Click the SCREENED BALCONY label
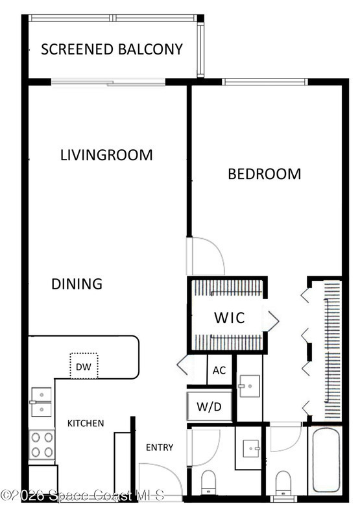(x=112, y=49)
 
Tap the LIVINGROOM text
(x=106, y=155)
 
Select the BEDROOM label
(x=265, y=174)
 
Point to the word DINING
(x=77, y=284)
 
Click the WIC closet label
(x=230, y=318)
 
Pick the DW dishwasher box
(x=84, y=366)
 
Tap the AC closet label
(x=219, y=370)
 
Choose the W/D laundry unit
(x=209, y=407)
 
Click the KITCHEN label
(x=86, y=424)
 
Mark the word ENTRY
(x=160, y=448)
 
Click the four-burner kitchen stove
(x=42, y=444)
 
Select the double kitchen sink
(x=41, y=402)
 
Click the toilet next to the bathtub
(x=283, y=482)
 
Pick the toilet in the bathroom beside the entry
(x=208, y=482)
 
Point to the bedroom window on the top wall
(x=265, y=82)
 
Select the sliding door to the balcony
(x=108, y=82)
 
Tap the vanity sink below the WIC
(x=250, y=386)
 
